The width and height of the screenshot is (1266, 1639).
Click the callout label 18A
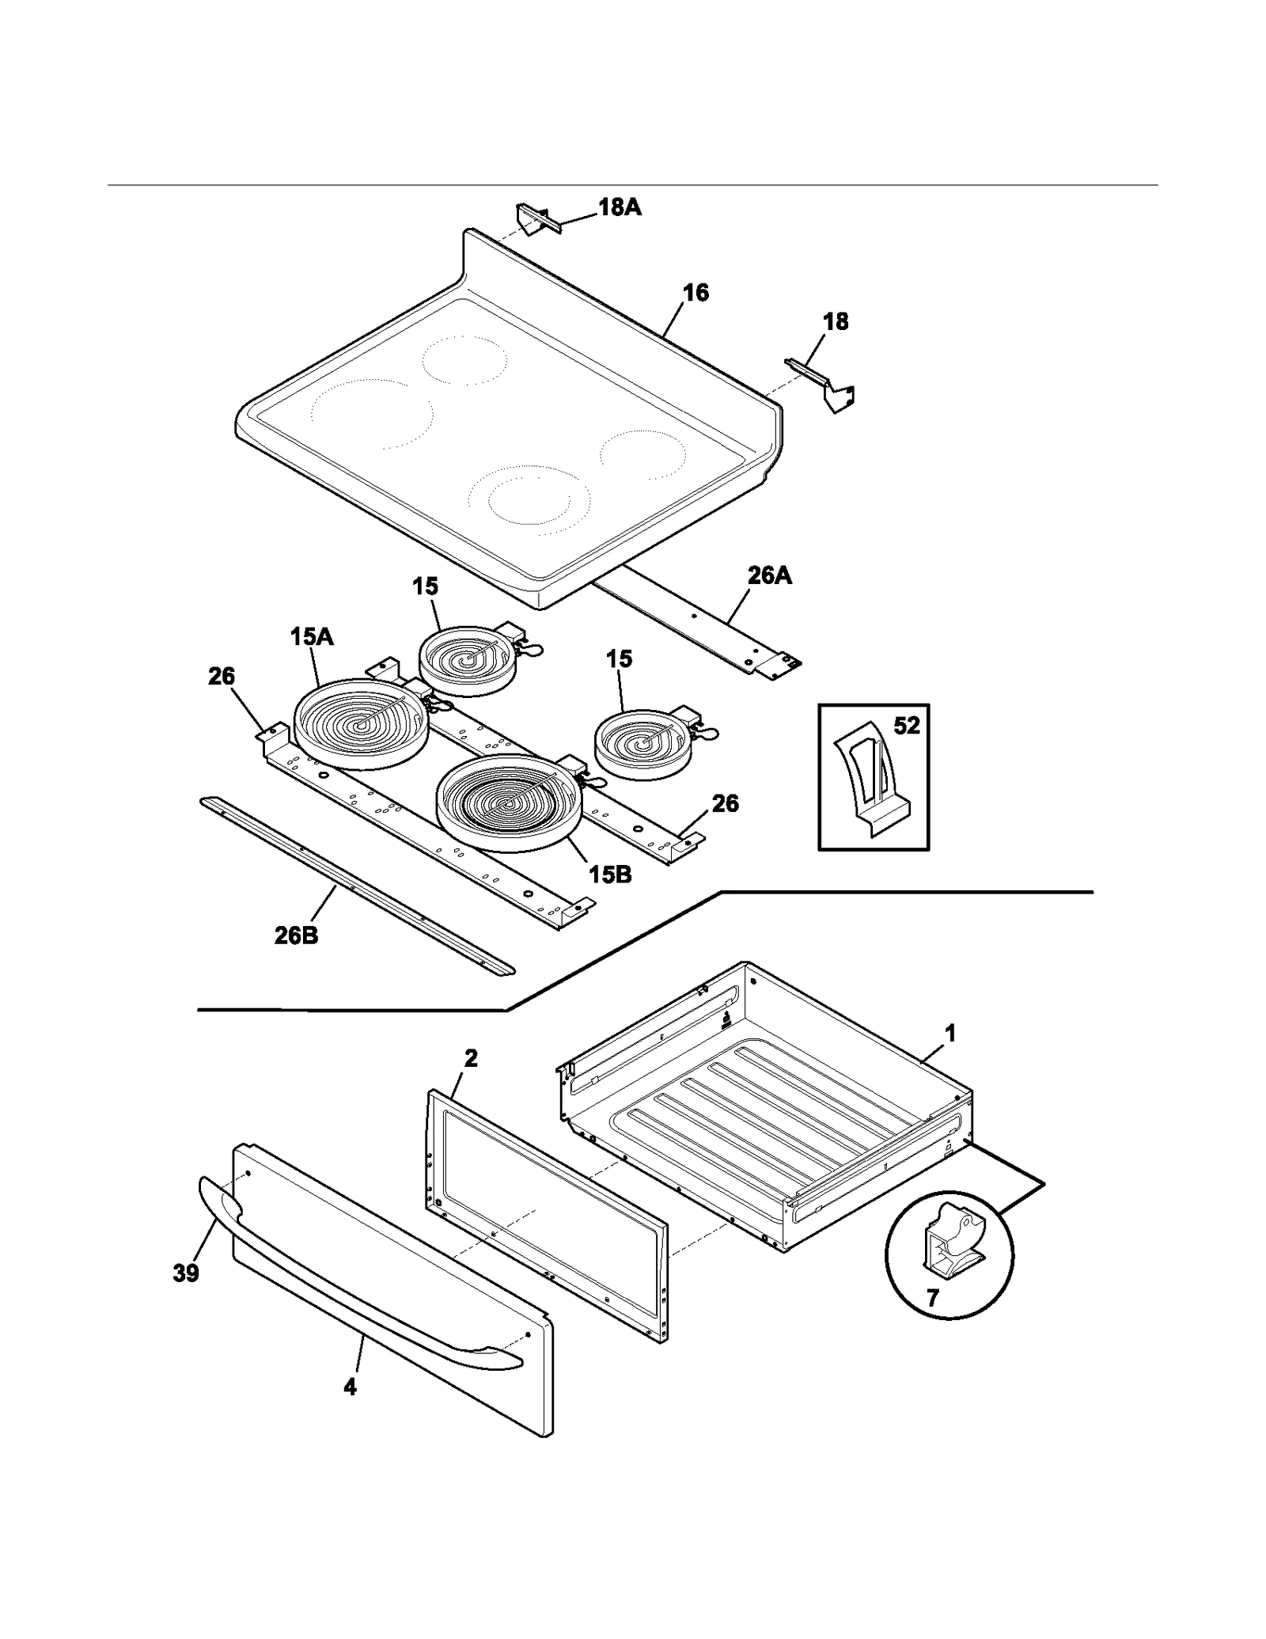[x=619, y=207]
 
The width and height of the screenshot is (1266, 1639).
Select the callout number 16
[x=696, y=293]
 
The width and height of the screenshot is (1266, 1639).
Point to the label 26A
[x=769, y=575]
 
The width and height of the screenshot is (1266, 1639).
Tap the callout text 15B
[x=610, y=875]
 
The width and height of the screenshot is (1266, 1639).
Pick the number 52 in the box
[x=907, y=726]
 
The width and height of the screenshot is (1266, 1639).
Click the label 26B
[x=296, y=935]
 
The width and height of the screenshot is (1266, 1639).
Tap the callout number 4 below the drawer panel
[x=350, y=1387]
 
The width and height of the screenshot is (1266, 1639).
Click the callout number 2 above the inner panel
[x=471, y=1058]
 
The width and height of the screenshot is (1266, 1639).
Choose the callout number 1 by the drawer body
[x=950, y=1033]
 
